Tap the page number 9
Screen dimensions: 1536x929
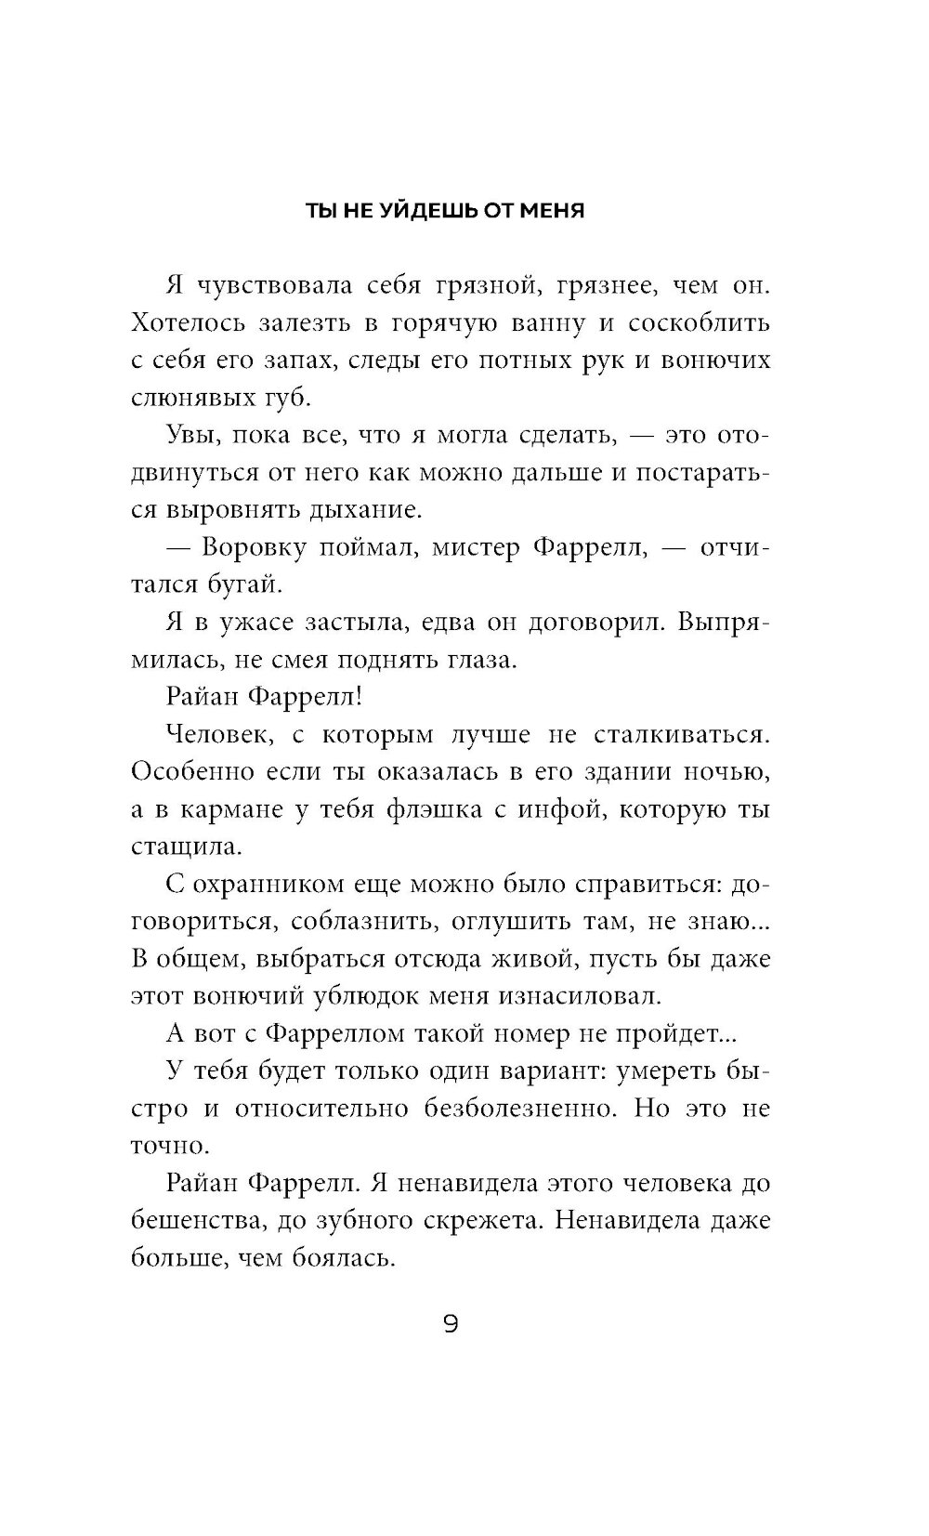pyautogui.click(x=451, y=1324)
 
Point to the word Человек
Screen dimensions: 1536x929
pyautogui.click(x=218, y=735)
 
